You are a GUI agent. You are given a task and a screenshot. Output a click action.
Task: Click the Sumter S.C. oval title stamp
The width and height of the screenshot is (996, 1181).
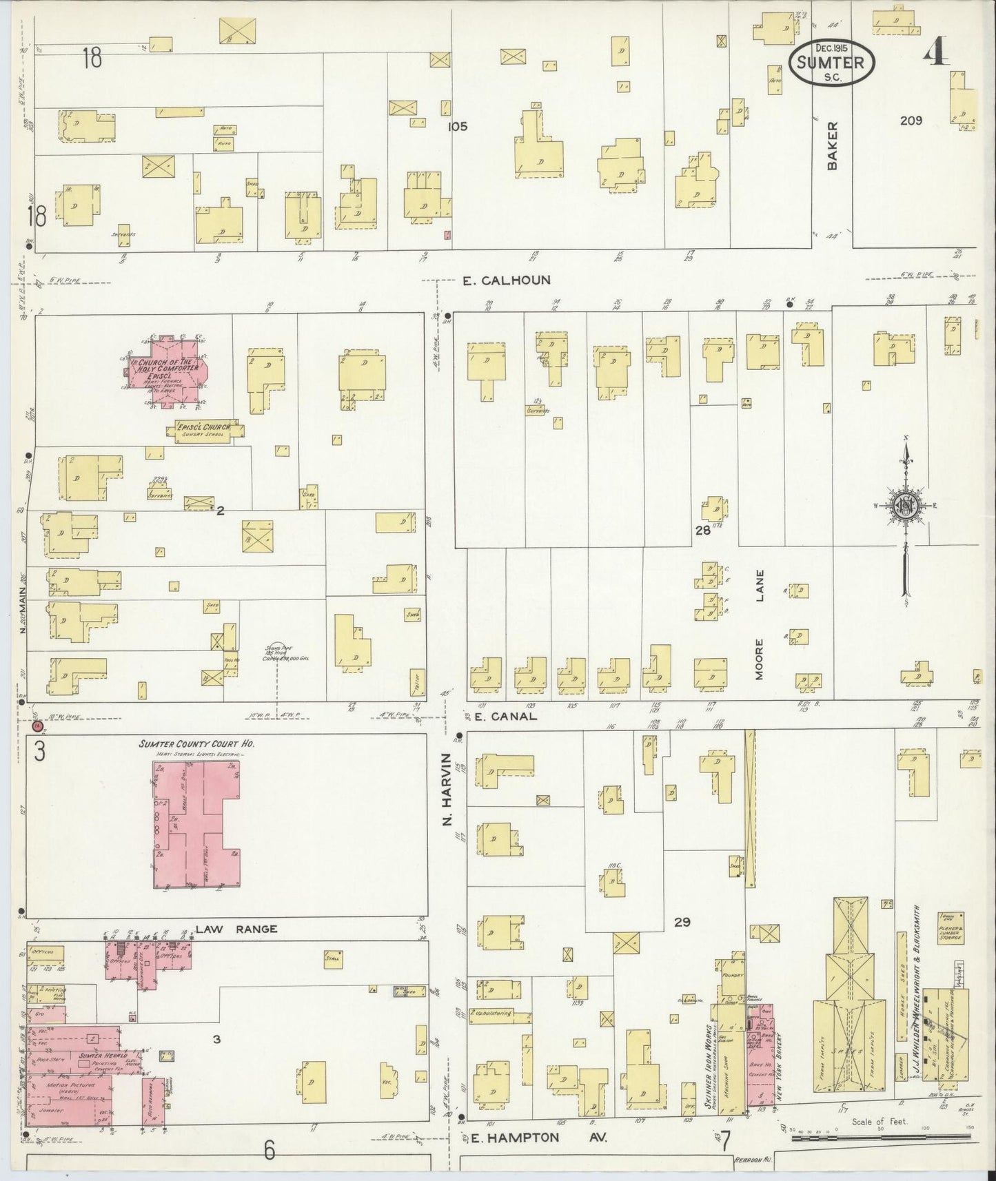pos(831,62)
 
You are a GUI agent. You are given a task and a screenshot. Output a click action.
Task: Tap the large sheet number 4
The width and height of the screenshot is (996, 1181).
pos(935,52)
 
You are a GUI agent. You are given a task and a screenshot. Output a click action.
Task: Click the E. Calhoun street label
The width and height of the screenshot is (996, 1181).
pos(507,280)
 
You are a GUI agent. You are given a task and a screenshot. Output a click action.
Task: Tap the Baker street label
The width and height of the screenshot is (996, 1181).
pos(833,146)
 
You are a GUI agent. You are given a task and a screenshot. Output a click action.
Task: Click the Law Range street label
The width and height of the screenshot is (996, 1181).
pos(236,929)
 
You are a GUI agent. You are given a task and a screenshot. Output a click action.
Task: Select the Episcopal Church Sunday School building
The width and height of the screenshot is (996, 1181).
pos(204,430)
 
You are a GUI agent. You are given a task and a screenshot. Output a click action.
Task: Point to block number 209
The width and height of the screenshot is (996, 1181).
pos(911,121)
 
